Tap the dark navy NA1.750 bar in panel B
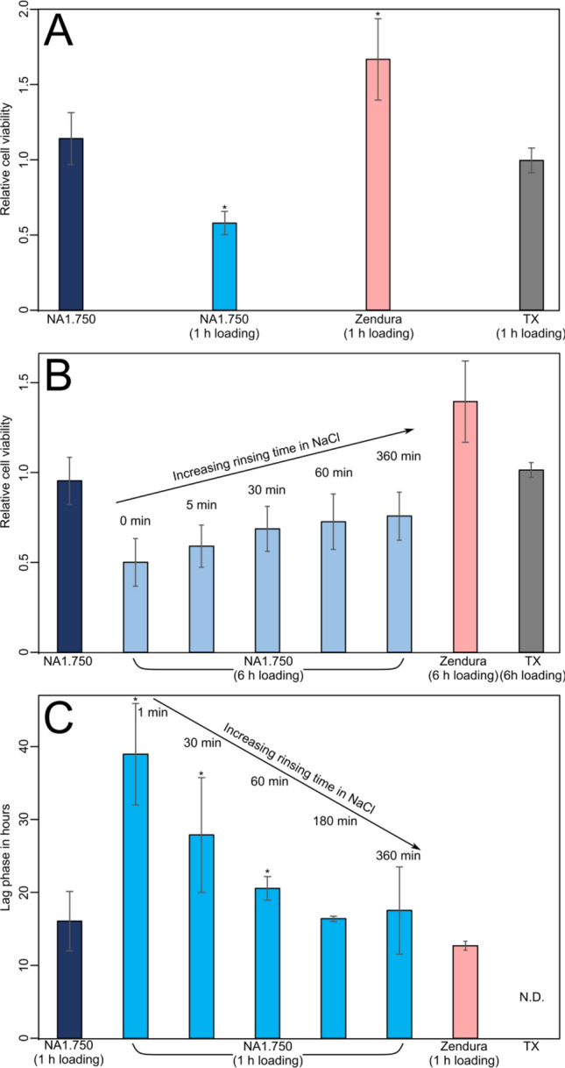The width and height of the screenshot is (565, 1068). click(x=69, y=566)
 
